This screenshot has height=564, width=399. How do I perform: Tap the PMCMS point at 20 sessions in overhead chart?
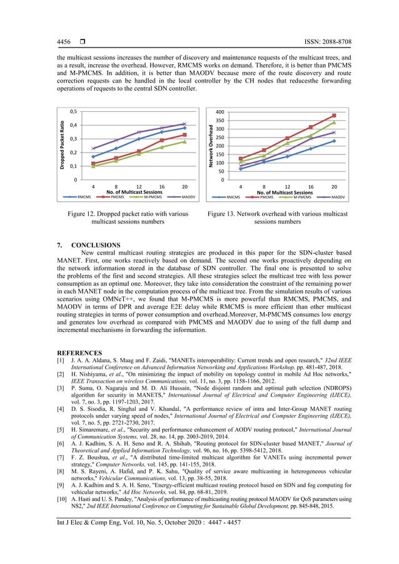tap(334, 116)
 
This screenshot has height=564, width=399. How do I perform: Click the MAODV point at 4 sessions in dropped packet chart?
tap(93, 148)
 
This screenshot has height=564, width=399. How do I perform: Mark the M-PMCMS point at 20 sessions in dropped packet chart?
tap(184, 141)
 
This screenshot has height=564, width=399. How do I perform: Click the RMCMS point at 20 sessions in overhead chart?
tap(334, 141)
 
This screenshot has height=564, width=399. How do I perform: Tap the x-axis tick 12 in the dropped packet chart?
tap(139, 186)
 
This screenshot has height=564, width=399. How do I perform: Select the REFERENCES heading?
tap(79, 353)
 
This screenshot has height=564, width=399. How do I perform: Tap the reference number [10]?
tap(62, 499)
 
